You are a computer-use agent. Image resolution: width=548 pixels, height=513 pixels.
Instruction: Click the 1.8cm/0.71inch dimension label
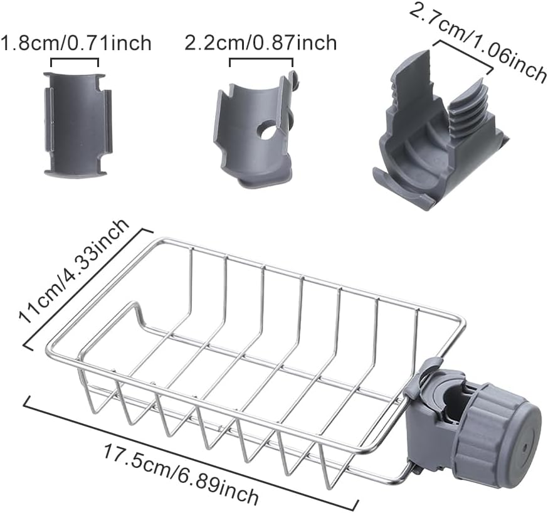click(x=76, y=43)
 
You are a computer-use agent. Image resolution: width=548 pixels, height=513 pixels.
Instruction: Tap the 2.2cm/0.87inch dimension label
click(x=261, y=43)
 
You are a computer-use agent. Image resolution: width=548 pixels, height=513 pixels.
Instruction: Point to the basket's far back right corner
click(x=462, y=324)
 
